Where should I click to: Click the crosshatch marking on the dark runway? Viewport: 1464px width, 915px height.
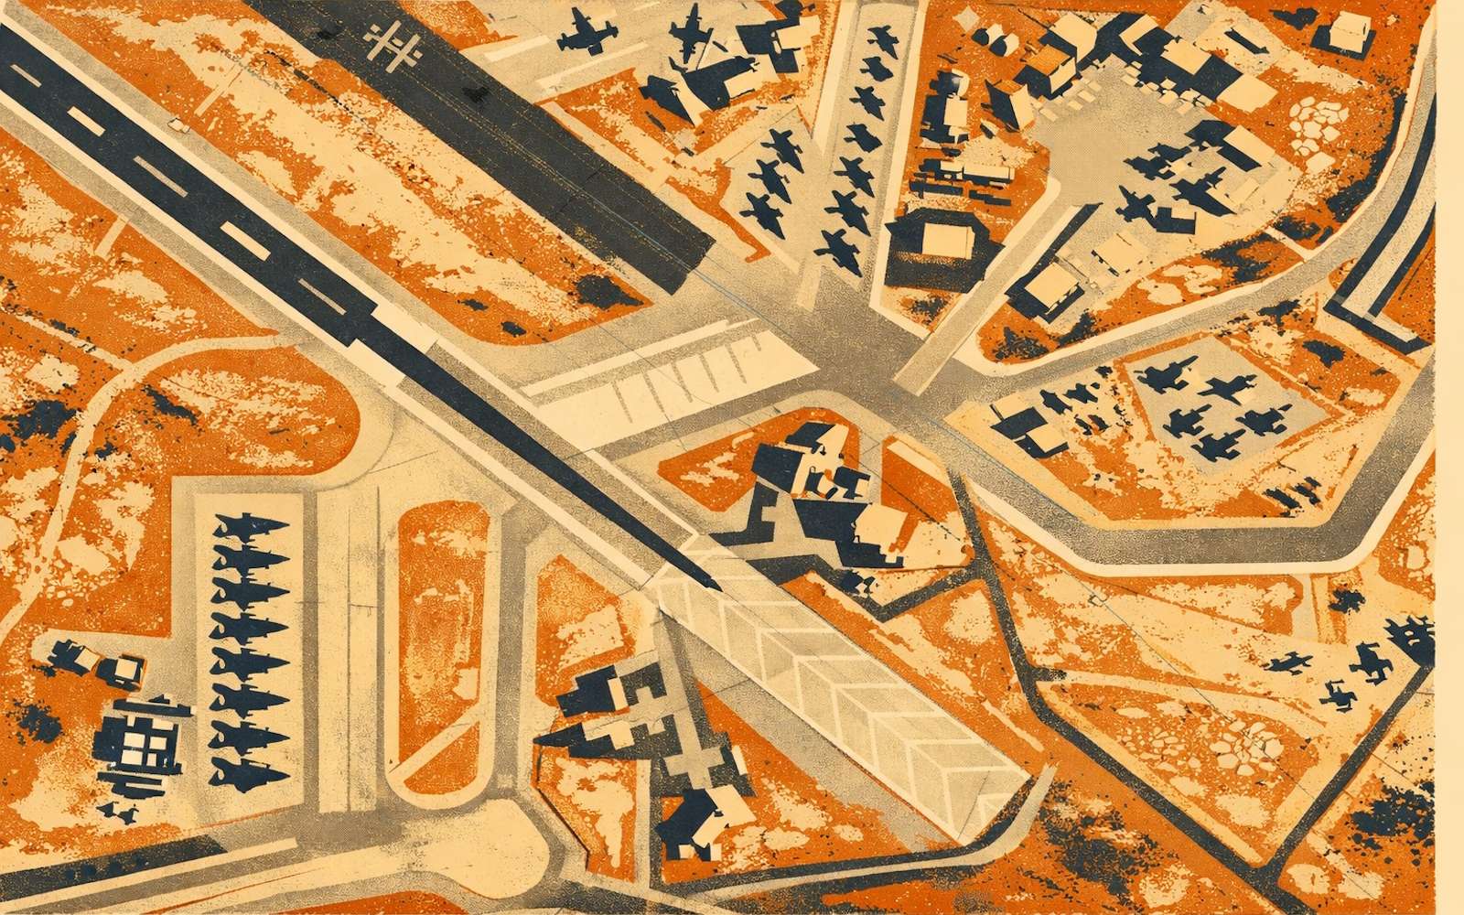[392, 43]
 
